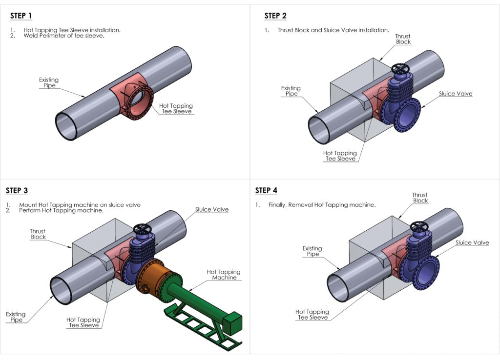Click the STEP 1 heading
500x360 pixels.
[x=21, y=16]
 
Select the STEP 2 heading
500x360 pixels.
[x=275, y=16]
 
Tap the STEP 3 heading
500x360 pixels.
[x=17, y=190]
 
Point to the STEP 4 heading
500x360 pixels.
[x=266, y=190]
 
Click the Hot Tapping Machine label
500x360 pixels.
[x=224, y=275]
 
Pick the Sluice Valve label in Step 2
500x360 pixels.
[x=455, y=94]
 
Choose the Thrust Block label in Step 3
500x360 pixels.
[x=38, y=234]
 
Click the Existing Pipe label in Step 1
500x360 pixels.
[x=48, y=82]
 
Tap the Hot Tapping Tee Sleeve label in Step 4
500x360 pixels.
[x=312, y=315]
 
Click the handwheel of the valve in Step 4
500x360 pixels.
[x=419, y=226]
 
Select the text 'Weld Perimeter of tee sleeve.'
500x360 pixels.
[x=63, y=36]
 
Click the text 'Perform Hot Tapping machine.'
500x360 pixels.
[x=61, y=211]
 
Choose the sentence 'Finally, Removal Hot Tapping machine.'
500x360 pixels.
[x=322, y=205]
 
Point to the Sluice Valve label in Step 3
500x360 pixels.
[x=211, y=210]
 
